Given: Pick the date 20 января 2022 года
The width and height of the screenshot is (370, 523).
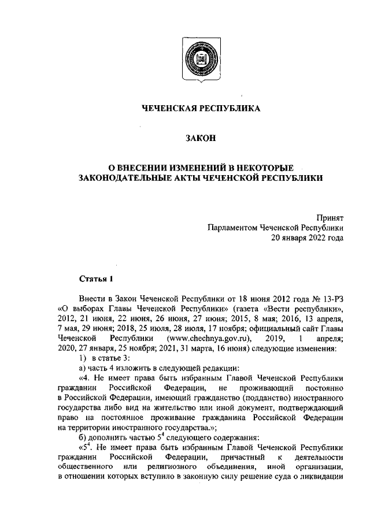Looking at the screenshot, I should tap(308, 238).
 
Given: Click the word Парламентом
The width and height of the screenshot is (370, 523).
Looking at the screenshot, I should tap(234, 228).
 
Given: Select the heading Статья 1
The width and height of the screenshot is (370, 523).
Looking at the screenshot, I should tap(96, 280).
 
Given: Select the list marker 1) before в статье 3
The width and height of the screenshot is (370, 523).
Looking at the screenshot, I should tap(82, 358).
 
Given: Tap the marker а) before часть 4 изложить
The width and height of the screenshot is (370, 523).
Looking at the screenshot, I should tap(83, 368).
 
